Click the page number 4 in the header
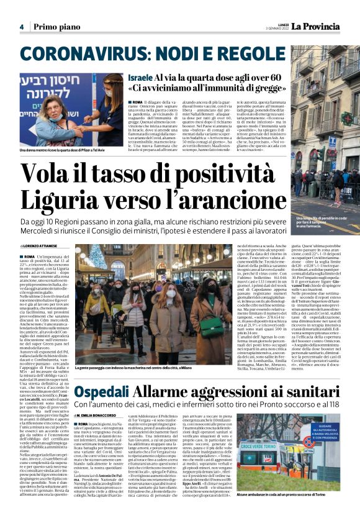tap(21, 27)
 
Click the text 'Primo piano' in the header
tap(56, 27)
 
